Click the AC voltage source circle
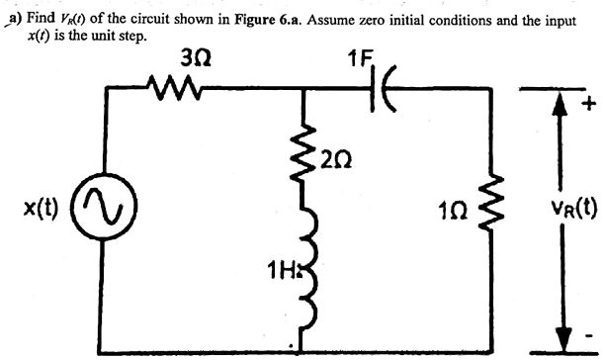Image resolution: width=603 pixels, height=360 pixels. coord(108,210)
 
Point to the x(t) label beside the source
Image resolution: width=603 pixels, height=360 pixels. coord(43,210)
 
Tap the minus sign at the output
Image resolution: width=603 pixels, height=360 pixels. coord(589,333)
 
